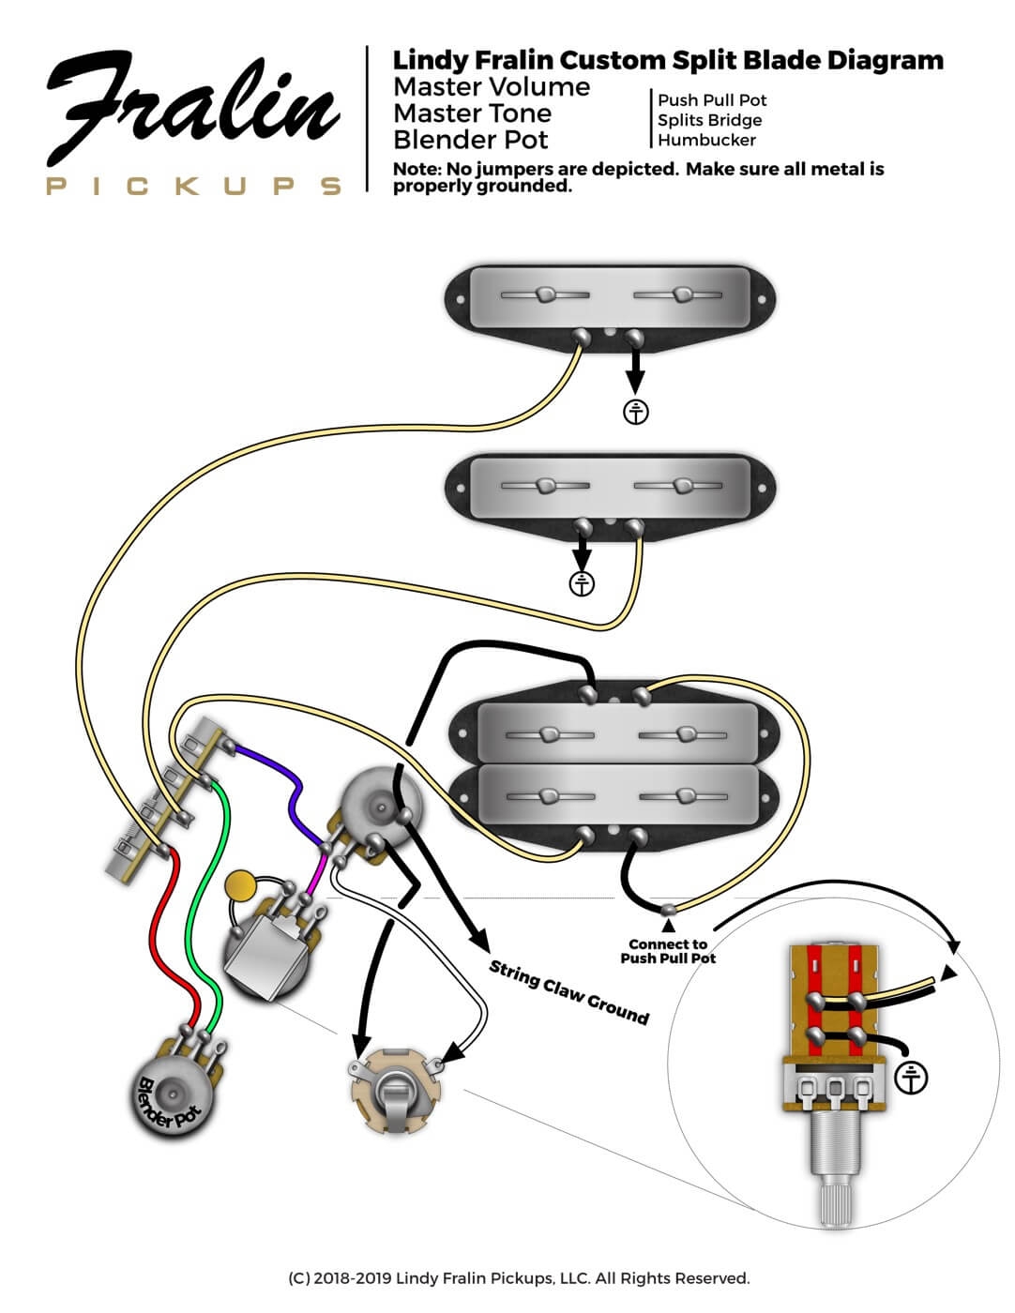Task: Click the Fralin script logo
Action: pos(192,111)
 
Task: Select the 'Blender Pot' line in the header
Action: pos(471,140)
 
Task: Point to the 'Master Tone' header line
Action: pos(472,113)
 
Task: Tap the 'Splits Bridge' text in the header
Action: pos(709,120)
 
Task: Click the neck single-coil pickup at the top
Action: pos(611,298)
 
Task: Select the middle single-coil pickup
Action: pos(611,487)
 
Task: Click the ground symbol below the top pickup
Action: pos(636,411)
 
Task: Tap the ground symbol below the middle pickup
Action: pos(583,583)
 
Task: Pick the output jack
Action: pos(396,1094)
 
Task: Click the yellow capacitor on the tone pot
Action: pos(242,884)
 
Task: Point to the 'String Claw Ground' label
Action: pos(568,992)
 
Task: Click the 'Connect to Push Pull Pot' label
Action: pos(668,951)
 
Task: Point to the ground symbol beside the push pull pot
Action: pos(910,1078)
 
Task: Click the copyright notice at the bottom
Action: pos(519,1278)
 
